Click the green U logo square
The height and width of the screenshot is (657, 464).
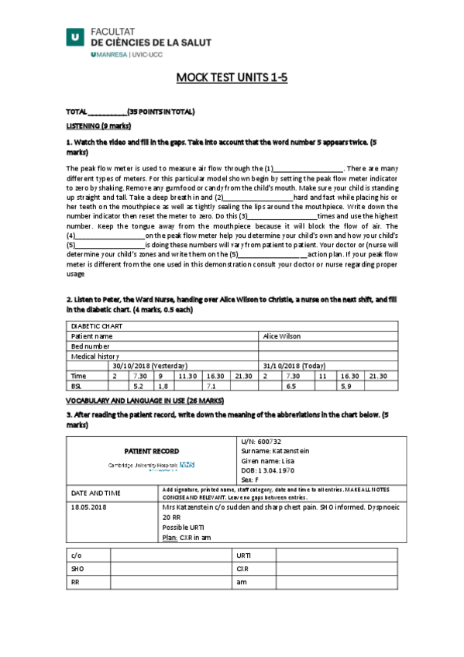[75, 35]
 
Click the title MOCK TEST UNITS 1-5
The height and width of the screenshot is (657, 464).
[232, 77]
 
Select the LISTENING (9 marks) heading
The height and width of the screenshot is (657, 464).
[98, 126]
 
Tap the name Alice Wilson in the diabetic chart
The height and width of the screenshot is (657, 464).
[283, 336]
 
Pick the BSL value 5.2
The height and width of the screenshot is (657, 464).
[139, 385]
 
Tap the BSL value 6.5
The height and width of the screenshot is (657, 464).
[291, 385]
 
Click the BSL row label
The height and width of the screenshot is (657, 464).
[77, 385]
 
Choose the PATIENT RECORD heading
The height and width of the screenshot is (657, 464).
[152, 451]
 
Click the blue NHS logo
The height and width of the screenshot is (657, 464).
[187, 464]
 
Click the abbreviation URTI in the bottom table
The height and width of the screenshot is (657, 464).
[243, 555]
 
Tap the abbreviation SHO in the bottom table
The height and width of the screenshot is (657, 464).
[77, 568]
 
